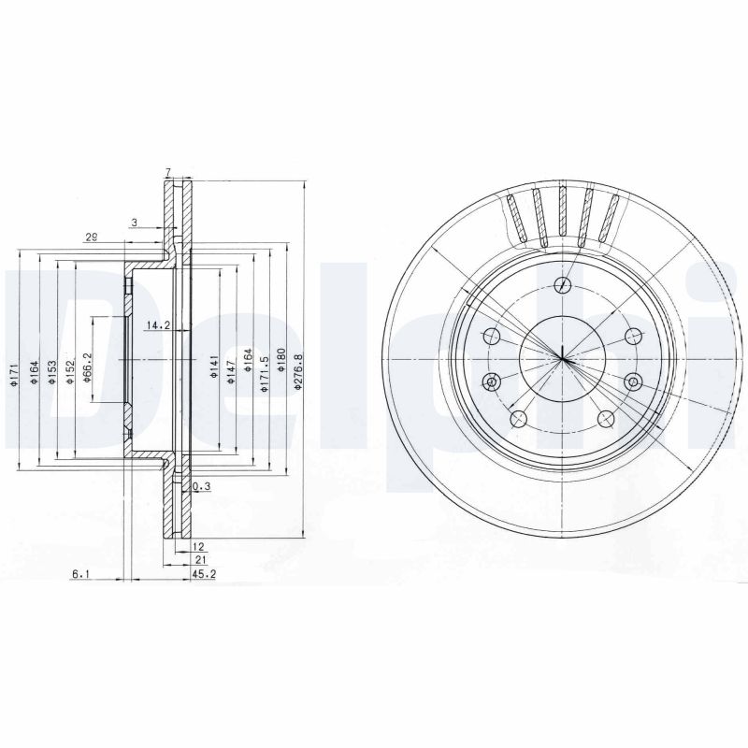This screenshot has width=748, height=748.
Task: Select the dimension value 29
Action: tap(91, 237)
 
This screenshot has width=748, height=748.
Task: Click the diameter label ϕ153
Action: tap(52, 370)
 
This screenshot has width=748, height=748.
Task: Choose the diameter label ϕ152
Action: tap(70, 370)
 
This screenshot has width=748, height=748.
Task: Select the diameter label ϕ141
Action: tap(214, 367)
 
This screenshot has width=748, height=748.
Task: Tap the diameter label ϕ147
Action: tap(232, 367)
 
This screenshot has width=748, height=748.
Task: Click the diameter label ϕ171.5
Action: tap(266, 370)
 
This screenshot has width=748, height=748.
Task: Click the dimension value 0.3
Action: tap(199, 487)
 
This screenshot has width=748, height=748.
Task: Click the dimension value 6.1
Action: tap(81, 574)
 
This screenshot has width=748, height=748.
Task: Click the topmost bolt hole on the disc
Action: tap(562, 286)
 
